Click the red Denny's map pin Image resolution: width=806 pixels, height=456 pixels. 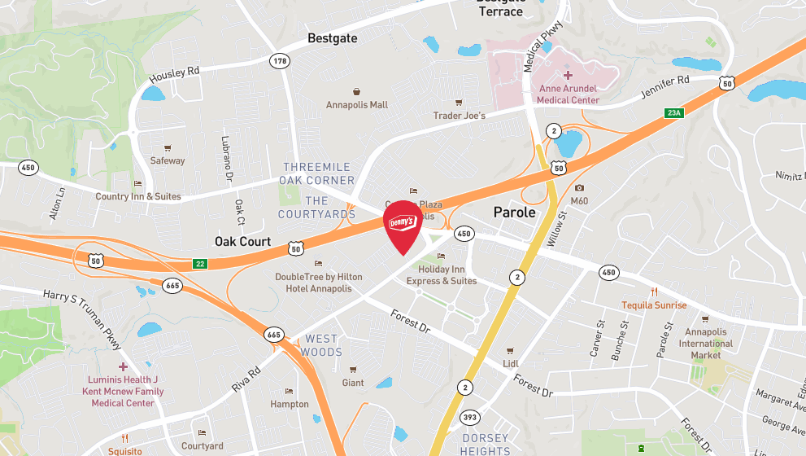(x=403, y=226)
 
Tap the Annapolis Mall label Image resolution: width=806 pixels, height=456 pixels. (x=357, y=105)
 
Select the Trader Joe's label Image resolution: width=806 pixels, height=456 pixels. (x=459, y=116)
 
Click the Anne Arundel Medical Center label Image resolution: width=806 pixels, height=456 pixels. (x=568, y=94)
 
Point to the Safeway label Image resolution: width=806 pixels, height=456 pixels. (x=168, y=160)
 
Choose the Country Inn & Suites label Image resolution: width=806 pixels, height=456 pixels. (x=138, y=196)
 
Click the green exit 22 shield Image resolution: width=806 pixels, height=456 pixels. (x=200, y=264)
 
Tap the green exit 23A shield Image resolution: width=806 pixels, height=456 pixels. (x=673, y=113)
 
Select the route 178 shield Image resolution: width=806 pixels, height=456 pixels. (x=281, y=61)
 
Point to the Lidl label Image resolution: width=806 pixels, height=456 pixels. (x=511, y=363)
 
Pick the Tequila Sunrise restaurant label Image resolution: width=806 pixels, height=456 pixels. (x=654, y=305)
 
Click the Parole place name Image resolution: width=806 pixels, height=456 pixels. (x=515, y=213)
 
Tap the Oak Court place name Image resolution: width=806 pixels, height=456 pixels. (x=242, y=242)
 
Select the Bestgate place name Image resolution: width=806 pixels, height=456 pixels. (x=332, y=38)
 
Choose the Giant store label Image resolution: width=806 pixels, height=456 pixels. (x=353, y=383)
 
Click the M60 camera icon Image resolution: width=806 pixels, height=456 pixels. (x=579, y=188)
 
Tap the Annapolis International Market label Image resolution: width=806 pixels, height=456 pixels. (x=706, y=343)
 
